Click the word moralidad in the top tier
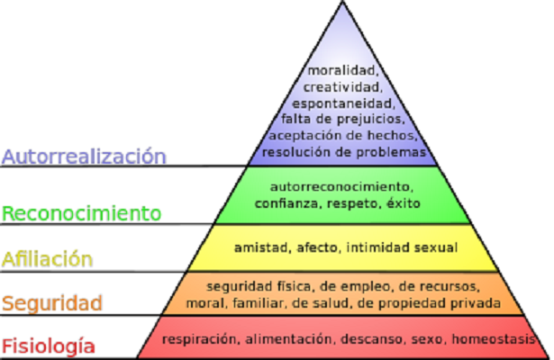[341, 71]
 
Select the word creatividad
[341, 87]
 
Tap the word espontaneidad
[341, 103]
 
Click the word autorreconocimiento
[341, 187]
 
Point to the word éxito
[403, 203]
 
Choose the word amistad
[260, 246]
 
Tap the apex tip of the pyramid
[343, 3]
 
